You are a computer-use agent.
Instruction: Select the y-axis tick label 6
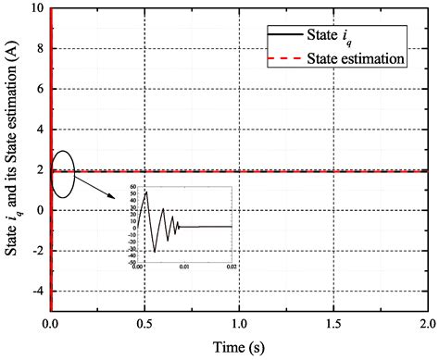[40, 91]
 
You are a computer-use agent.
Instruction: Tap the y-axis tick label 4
[40, 130]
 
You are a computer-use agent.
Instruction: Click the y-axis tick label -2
[37, 251]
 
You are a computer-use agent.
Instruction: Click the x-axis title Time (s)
[238, 347]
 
